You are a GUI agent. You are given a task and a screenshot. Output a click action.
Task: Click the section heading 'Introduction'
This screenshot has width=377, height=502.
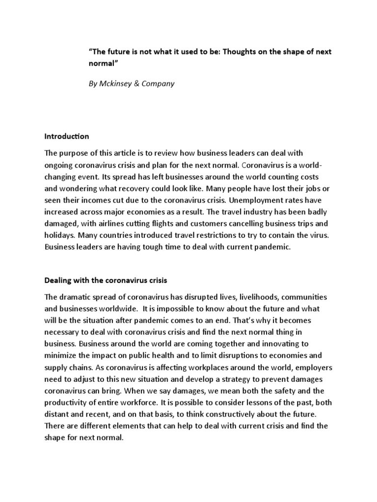coord(67,136)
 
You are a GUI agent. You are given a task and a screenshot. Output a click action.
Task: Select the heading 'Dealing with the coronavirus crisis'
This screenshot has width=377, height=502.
coord(106,281)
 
